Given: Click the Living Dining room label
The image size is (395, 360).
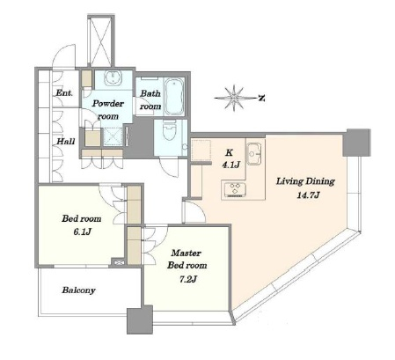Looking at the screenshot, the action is tap(305, 181).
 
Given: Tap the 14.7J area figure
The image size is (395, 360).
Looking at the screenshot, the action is tap(308, 195).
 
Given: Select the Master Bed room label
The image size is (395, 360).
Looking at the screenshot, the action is tap(187, 259).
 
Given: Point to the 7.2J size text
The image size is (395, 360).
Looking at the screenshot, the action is tap(187, 279).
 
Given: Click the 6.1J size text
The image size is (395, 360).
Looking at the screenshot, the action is tap(82, 231).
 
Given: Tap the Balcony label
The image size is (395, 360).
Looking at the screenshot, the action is tap(78, 290).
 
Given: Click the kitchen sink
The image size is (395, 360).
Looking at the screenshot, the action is tap(254, 153).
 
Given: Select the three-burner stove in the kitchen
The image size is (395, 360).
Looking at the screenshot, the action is tap(235, 188).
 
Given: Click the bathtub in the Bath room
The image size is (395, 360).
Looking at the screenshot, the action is tap(174, 96).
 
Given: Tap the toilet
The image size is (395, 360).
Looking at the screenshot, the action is tap(170, 131).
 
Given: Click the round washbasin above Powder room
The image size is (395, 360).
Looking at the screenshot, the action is tap(113, 78).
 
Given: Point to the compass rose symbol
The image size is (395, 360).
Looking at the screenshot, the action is tap(234, 98).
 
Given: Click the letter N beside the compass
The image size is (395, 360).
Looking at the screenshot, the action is tap(261, 99).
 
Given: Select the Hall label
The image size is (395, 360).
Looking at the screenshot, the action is tap(66, 142).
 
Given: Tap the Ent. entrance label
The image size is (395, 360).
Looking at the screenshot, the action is tap(64, 93).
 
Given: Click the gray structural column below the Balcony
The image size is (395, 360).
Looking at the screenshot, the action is tap(140, 320).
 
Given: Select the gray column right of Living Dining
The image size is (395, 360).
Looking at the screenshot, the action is tap(356, 143).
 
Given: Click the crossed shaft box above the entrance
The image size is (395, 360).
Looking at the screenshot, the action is tap(100, 40).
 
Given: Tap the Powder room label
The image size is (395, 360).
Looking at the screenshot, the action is tap(108, 109).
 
